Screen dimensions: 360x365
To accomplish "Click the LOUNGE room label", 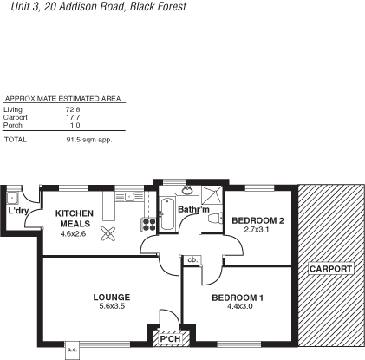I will [110, 297].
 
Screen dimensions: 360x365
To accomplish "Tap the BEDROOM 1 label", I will [237, 298].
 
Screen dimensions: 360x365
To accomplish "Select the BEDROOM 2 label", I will [257, 220].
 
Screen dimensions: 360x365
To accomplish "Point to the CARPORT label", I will [330, 269].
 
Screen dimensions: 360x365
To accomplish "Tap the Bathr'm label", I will [193, 210].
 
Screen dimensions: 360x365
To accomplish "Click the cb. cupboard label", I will [192, 259].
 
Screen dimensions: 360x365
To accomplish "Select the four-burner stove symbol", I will [147, 223].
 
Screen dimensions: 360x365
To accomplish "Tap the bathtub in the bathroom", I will [168, 209].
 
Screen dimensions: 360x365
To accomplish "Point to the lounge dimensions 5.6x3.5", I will [110, 307].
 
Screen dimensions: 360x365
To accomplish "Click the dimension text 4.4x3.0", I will [238, 308].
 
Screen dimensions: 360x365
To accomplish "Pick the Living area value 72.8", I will [73, 109].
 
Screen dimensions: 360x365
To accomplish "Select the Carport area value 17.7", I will [73, 116].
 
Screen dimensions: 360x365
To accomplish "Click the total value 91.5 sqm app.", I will [89, 139].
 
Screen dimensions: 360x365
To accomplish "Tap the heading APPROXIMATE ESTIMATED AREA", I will [62, 99].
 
